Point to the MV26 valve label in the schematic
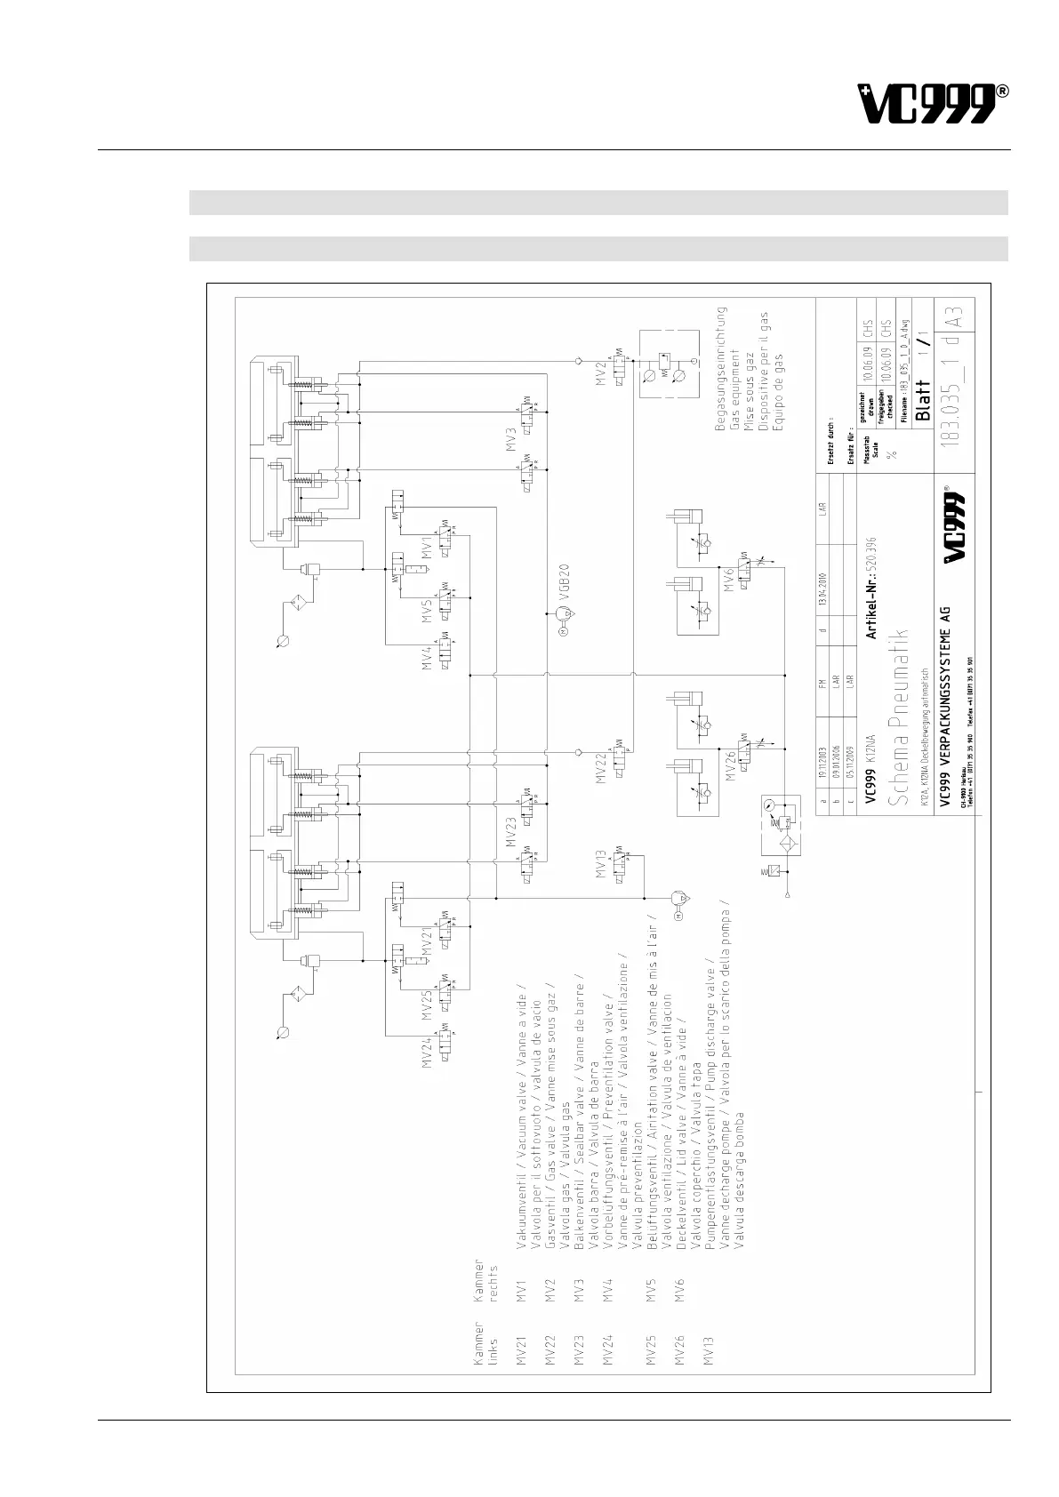click(730, 764)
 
